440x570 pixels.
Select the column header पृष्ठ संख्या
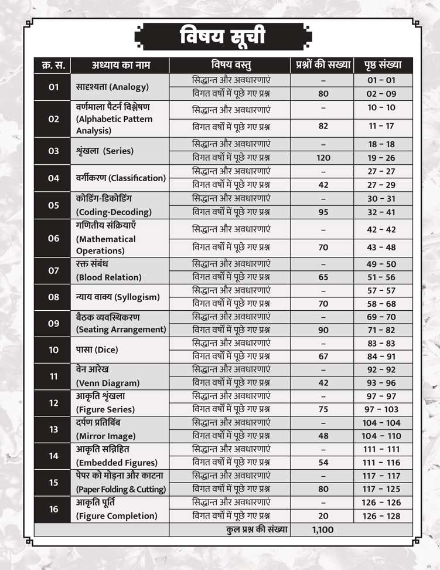tap(385, 65)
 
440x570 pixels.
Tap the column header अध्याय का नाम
tap(120, 65)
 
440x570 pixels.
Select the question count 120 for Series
tap(323, 158)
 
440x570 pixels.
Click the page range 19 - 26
tap(382, 158)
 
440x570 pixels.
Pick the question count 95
tap(323, 212)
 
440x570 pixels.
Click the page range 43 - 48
tap(382, 247)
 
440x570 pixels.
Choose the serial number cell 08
tap(54, 297)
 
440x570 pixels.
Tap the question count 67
tap(323, 356)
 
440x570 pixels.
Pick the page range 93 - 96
tap(382, 383)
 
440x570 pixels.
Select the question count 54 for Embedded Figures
tap(323, 463)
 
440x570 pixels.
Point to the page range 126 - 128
tap(382, 516)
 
